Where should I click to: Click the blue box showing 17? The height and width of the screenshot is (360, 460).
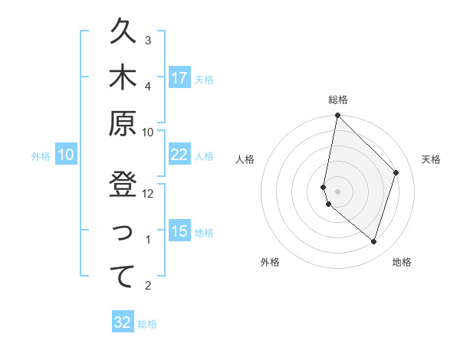[179, 78]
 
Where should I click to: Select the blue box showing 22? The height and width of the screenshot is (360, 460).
[179, 155]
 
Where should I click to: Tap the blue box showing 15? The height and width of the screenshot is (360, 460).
[179, 231]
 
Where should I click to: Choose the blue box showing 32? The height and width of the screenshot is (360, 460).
[123, 322]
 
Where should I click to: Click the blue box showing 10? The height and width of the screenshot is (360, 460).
[66, 155]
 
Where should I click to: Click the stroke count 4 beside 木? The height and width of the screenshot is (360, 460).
[148, 86]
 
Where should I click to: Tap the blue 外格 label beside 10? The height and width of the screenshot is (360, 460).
[41, 155]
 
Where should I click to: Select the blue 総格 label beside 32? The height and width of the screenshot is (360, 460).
[147, 324]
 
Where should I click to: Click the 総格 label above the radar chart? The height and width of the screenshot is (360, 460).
[338, 100]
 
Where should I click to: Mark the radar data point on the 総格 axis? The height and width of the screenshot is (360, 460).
[337, 116]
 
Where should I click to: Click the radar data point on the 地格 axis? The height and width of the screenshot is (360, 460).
[374, 241]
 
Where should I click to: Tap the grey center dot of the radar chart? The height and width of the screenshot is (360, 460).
[337, 191]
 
